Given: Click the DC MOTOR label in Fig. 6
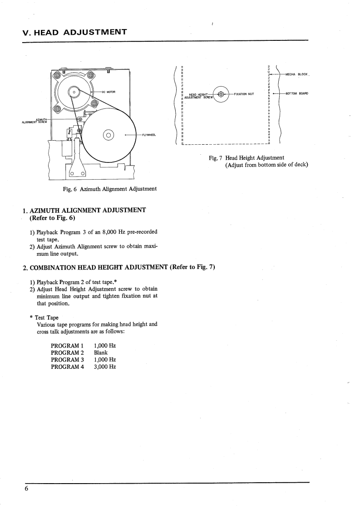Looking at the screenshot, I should click(x=108, y=92).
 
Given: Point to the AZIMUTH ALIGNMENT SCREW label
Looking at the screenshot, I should click(x=35, y=121).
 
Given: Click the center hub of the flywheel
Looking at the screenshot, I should click(x=108, y=134).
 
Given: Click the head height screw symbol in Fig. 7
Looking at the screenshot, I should click(x=221, y=94).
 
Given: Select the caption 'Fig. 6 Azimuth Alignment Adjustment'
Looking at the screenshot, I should click(x=110, y=189).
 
